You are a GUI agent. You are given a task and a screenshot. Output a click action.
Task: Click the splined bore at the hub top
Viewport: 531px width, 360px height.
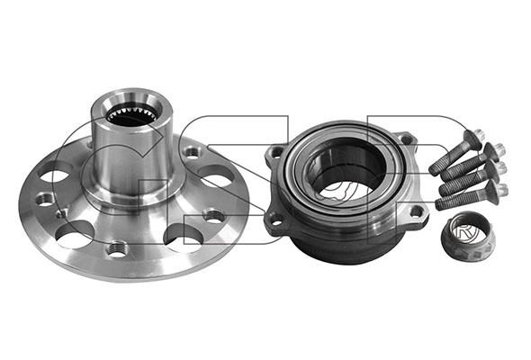click(x=132, y=114)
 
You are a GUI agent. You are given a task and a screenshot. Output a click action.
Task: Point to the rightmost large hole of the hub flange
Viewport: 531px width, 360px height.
click(x=217, y=180)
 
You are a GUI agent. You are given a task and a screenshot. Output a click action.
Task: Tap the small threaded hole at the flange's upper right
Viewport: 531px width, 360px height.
click(x=192, y=153)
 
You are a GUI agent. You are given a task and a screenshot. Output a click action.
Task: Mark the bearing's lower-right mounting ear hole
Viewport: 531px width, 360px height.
click(x=416, y=211)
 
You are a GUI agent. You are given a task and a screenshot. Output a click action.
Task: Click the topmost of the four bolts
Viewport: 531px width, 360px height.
click(x=454, y=154)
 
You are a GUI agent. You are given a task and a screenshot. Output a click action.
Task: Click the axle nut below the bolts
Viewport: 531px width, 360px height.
click(x=466, y=236)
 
